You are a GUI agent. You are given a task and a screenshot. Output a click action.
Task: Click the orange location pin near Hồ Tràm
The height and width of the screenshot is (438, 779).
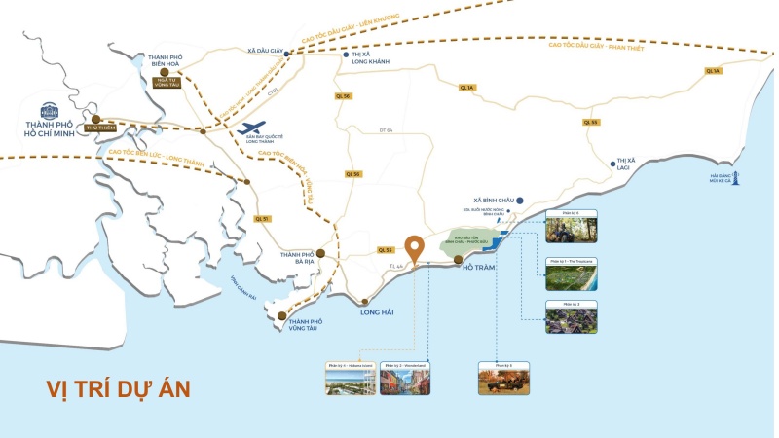coord(415,248)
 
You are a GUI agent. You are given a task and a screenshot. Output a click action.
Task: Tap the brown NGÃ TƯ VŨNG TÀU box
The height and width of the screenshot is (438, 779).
coord(167,83)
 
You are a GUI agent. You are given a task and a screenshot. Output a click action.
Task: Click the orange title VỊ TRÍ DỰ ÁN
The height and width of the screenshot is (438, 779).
coord(118,388)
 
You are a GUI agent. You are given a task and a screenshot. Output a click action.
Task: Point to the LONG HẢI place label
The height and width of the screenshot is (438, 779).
coord(377,312)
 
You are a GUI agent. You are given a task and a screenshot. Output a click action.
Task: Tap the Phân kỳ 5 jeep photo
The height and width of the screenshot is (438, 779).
coord(502,379)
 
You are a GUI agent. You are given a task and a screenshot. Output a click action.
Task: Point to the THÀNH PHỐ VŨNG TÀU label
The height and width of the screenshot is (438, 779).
coord(305,325)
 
